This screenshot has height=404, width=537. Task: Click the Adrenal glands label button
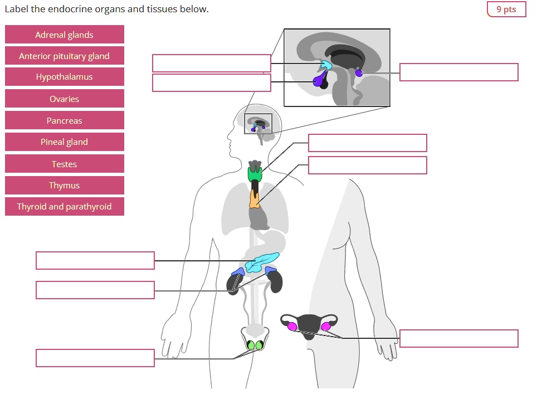click(64, 35)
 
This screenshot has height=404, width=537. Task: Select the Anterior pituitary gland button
click(64, 56)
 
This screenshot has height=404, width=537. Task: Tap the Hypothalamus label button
click(64, 77)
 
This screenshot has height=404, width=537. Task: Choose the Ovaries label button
click(64, 99)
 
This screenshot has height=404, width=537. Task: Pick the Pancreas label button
click(64, 120)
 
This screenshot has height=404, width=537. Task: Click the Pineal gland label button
click(64, 142)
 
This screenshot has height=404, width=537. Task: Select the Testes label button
click(64, 164)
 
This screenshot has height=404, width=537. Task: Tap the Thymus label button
click(64, 185)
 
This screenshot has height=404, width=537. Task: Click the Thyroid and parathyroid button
click(64, 207)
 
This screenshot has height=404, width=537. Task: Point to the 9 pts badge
click(506, 9)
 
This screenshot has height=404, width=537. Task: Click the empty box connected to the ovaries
click(458, 338)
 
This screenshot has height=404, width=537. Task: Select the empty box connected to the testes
click(95, 358)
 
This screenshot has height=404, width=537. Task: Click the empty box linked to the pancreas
click(95, 260)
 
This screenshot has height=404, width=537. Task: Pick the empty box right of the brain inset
click(458, 72)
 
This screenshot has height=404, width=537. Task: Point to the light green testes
click(255, 345)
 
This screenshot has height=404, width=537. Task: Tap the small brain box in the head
click(258, 124)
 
